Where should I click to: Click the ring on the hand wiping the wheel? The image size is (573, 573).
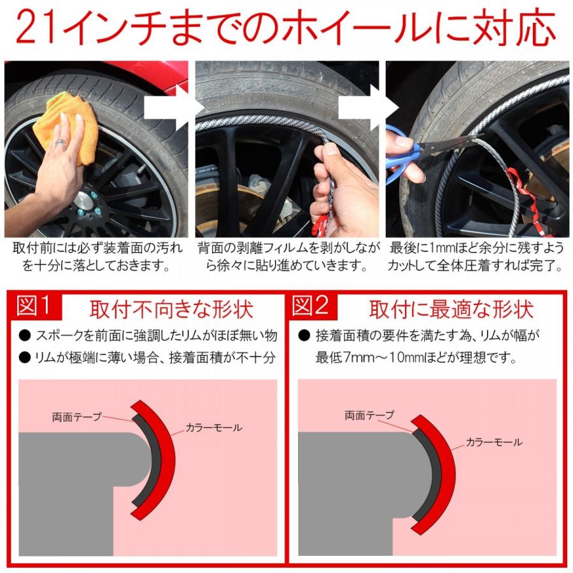(60, 144)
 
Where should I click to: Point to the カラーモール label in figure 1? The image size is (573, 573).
(214, 428)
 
